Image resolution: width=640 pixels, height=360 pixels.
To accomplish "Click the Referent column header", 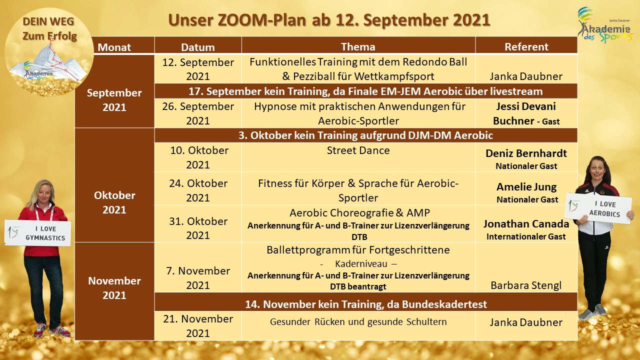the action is [x=526, y=47].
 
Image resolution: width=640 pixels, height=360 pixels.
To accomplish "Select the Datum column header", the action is [x=197, y=47].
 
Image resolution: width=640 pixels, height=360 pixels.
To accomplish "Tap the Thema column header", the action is [x=358, y=47].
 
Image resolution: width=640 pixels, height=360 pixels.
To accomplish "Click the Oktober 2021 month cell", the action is [x=114, y=202].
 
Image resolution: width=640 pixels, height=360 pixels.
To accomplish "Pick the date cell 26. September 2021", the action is [x=198, y=113].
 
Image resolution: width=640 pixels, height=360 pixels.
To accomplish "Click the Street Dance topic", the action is [x=358, y=150].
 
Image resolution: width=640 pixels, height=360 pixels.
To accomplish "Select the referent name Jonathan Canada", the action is [x=526, y=224].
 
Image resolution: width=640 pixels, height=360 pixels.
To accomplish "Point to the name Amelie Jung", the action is [x=526, y=187].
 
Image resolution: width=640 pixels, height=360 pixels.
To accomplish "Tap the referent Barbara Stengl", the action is [x=526, y=285].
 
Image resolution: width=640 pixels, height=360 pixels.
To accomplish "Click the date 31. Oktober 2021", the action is [x=198, y=228].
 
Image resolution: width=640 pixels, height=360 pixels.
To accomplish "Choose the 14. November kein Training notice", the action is [x=365, y=304].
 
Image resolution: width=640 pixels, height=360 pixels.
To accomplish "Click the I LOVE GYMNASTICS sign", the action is [x=37, y=233].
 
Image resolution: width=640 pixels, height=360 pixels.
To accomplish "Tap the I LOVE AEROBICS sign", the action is [x=599, y=208].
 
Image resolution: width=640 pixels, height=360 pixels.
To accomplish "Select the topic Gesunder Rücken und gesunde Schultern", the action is [x=358, y=322].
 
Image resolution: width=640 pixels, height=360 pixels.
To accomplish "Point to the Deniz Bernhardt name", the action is [x=526, y=153].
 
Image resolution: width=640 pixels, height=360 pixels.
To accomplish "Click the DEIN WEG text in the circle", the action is [x=48, y=21].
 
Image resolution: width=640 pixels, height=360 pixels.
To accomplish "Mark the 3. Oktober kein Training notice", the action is [x=365, y=135].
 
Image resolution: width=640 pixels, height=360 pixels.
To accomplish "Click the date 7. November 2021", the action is [x=198, y=278].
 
